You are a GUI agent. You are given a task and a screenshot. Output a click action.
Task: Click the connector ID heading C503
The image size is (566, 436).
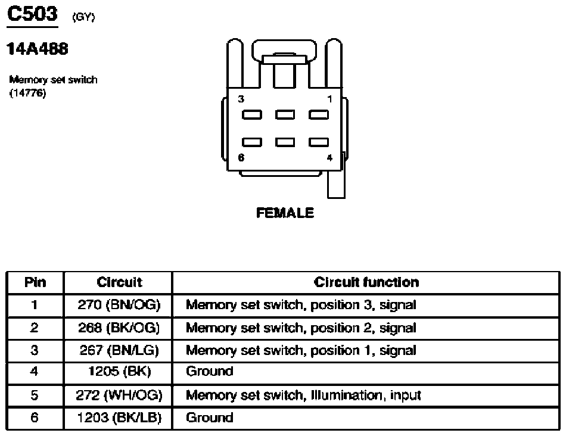click(32, 14)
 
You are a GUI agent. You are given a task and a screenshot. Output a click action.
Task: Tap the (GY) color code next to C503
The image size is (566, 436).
click(84, 17)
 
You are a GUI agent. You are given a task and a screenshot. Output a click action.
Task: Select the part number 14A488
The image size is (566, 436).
click(38, 49)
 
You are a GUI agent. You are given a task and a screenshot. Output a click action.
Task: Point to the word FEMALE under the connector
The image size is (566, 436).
click(285, 213)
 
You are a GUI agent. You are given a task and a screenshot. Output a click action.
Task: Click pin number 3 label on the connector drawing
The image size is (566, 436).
click(241, 99)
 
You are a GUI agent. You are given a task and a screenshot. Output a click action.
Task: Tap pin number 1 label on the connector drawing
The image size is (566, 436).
click(329, 99)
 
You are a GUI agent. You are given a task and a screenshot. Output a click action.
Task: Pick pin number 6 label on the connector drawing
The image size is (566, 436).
click(241, 157)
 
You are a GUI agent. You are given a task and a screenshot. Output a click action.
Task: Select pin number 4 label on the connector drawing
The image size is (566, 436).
click(329, 158)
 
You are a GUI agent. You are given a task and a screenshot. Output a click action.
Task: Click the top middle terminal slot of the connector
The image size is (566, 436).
click(285, 115)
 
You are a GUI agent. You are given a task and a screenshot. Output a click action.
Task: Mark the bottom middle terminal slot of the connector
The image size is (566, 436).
click(285, 142)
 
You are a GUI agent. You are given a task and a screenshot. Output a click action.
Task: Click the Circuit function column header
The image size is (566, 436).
click(366, 282)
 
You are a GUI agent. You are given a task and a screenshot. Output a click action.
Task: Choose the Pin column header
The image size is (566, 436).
click(35, 282)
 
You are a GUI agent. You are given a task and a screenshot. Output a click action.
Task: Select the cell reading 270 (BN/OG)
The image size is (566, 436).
click(119, 305)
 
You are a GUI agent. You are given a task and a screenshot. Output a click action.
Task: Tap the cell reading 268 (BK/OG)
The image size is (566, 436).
click(119, 328)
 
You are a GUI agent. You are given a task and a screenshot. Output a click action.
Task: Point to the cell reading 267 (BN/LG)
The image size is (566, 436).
click(119, 350)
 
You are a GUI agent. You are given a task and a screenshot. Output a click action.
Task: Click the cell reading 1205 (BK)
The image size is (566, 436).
click(120, 372)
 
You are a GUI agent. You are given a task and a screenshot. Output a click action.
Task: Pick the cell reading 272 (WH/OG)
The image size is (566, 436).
click(119, 395)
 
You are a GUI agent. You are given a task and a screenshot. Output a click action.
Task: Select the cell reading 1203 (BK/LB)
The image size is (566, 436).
click(119, 418)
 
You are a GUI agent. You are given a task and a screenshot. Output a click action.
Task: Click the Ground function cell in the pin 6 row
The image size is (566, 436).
click(209, 418)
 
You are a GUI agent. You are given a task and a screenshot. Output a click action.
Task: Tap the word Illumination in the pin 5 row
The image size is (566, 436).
click(347, 395)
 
